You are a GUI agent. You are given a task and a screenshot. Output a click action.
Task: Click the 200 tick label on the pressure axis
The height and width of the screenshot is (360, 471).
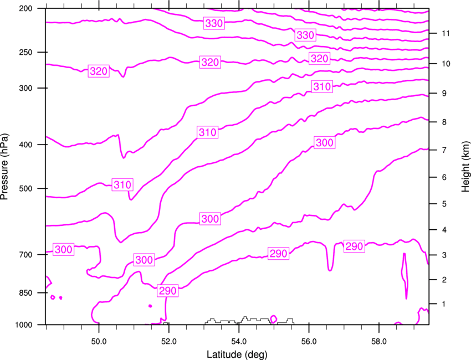pos(25,8)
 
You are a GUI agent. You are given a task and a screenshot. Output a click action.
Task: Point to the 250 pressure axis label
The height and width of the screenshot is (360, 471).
pos(25,52)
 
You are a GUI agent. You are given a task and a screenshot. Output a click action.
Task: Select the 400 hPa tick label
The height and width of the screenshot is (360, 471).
pos(25,145)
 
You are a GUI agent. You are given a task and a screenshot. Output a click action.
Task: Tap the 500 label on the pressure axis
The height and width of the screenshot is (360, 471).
pos(25,188)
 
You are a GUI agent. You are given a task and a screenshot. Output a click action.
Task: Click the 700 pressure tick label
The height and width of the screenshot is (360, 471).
pos(25,255)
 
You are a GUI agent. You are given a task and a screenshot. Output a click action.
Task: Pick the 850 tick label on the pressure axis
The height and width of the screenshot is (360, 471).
pos(25,293)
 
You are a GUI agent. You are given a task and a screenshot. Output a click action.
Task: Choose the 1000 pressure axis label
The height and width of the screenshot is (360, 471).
pos(23,325)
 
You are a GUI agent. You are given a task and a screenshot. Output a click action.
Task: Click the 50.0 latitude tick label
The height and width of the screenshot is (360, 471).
pos(99,341)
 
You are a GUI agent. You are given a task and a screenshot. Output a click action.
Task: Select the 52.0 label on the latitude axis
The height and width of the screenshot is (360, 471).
pos(169,341)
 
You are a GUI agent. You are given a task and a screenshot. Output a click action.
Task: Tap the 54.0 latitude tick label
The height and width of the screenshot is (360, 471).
pos(239,341)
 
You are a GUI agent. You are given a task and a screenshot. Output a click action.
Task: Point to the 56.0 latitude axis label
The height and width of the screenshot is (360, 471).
pos(309,341)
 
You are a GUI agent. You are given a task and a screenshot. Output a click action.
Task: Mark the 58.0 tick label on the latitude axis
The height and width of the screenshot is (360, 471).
pos(379,341)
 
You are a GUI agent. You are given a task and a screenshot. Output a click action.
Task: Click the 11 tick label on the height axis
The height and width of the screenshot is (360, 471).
pos(446,33)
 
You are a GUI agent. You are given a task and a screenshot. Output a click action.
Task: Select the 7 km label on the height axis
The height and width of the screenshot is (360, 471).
pos(444,150)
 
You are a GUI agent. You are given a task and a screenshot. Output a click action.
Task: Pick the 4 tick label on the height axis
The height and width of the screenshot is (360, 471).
pos(444,230)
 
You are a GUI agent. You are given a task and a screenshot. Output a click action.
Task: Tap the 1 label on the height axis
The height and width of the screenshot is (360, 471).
pos(444,304)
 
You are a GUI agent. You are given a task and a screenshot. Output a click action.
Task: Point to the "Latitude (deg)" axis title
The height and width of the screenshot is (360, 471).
pos(237,354)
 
